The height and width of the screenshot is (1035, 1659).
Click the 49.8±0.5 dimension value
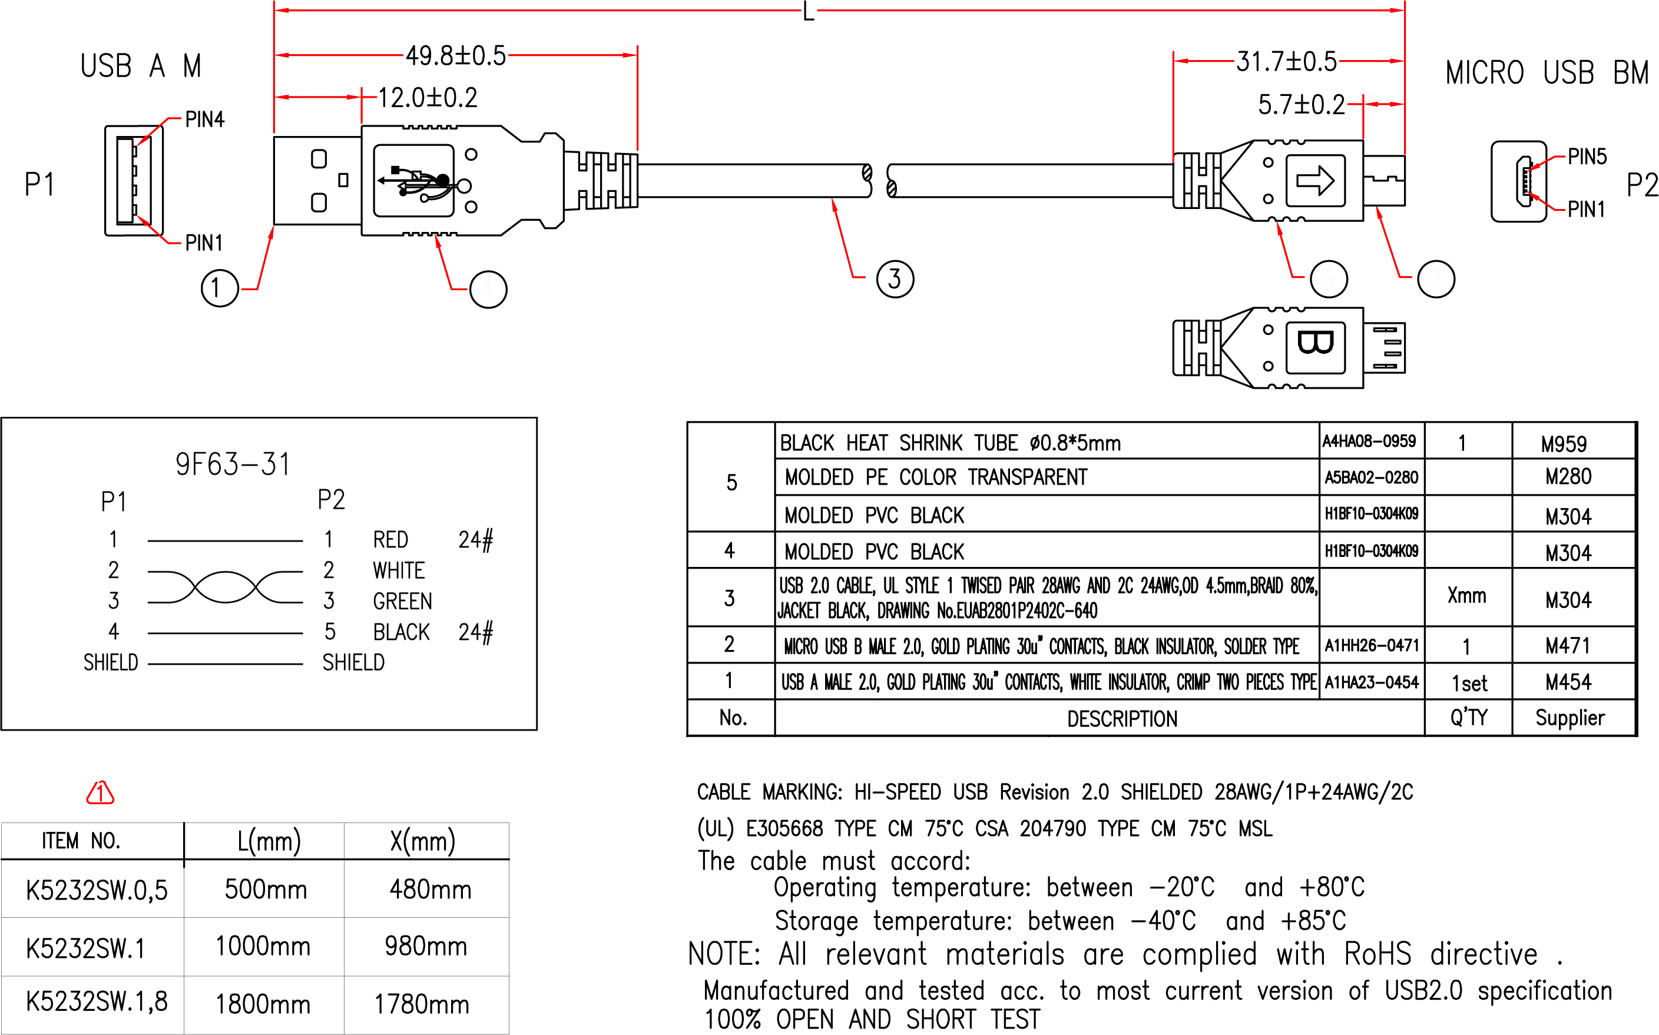[x=455, y=55]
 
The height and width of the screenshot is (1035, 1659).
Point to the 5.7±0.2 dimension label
[x=1301, y=105]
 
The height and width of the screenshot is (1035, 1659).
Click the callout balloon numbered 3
[x=895, y=278]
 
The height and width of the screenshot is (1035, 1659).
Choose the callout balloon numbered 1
[x=219, y=288]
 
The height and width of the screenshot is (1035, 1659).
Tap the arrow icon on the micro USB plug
[x=1315, y=181]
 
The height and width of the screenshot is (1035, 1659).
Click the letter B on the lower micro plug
[x=1315, y=342]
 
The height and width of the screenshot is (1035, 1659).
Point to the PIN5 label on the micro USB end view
[x=1587, y=157]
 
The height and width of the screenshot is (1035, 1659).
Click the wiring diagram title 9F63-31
[x=233, y=465]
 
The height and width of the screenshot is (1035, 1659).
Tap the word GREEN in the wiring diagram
[x=402, y=601]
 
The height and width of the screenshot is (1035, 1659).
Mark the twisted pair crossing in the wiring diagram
[x=225, y=586]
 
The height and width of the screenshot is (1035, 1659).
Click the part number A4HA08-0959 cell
[x=1369, y=442]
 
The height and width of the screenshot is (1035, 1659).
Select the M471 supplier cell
[x=1567, y=645]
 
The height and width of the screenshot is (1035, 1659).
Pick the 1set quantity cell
[x=1469, y=683]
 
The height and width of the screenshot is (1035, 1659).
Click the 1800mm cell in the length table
[x=263, y=1004]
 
